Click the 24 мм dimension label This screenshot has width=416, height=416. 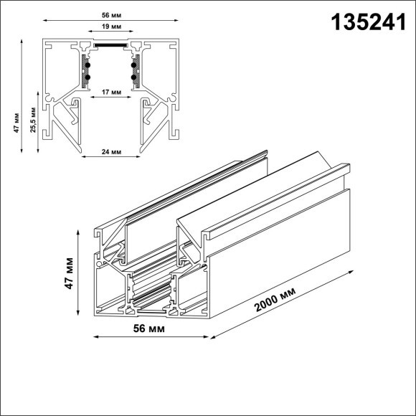tap(110, 153)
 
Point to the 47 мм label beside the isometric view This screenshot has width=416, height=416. tap(69, 273)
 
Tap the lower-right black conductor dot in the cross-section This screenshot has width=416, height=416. tap(133, 76)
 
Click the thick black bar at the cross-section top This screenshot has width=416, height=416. tap(110, 43)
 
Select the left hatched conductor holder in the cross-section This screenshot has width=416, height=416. tap(85, 70)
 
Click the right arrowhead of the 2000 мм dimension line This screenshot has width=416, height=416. tap(352, 272)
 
